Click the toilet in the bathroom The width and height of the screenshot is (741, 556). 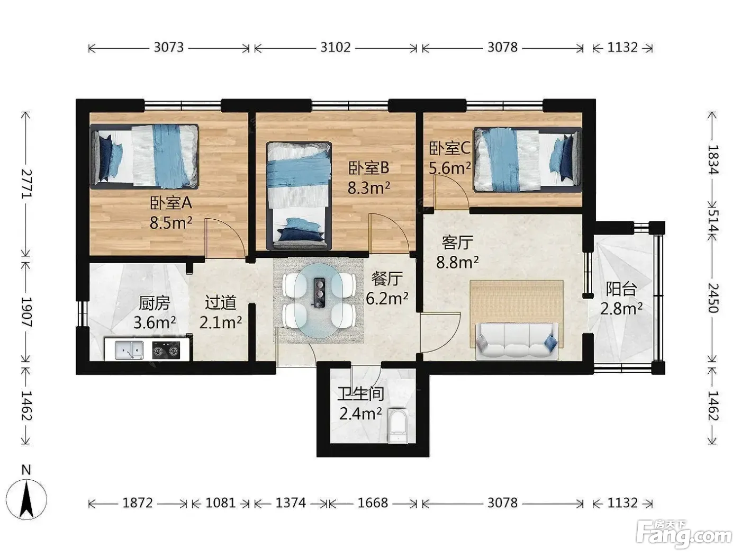[x=398, y=426]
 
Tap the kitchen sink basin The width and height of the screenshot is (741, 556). [x=129, y=350]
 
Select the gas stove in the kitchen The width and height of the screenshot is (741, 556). [x=166, y=350]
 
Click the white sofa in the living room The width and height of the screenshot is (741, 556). [x=517, y=340]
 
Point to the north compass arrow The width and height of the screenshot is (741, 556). [x=26, y=500]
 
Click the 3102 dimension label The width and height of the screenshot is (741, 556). [x=335, y=48]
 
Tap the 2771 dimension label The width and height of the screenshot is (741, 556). [x=26, y=184]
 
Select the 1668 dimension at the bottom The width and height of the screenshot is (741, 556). [x=373, y=503]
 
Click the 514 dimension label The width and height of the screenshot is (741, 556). [x=712, y=221]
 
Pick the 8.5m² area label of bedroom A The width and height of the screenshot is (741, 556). [x=171, y=223]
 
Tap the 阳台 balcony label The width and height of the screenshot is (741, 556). [x=621, y=289]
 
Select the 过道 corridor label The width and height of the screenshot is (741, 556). [x=220, y=302]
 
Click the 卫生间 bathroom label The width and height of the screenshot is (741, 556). [x=360, y=394]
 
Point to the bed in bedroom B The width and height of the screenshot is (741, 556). [x=299, y=196]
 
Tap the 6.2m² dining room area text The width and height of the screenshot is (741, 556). [x=387, y=298]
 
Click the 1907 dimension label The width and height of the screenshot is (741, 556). [x=26, y=312]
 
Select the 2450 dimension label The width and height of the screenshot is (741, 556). [x=712, y=298]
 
